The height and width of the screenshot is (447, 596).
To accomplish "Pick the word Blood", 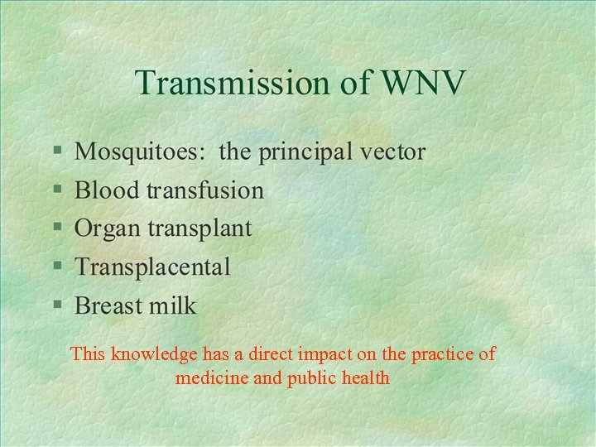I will [x=107, y=190].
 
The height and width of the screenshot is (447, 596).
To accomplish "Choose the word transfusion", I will [x=205, y=190].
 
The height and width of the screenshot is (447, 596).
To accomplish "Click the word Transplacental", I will [x=152, y=267].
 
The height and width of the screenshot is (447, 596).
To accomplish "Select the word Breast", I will [x=110, y=305].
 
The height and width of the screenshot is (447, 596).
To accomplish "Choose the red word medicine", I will [x=210, y=378].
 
